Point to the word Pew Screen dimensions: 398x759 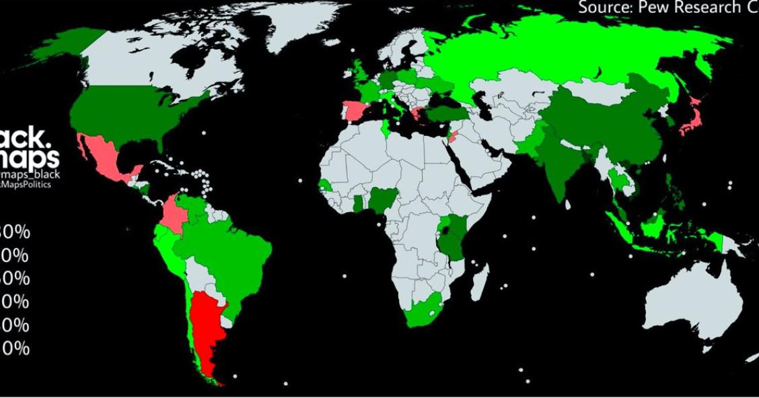click(653, 8)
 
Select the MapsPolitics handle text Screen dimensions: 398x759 click(27, 184)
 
